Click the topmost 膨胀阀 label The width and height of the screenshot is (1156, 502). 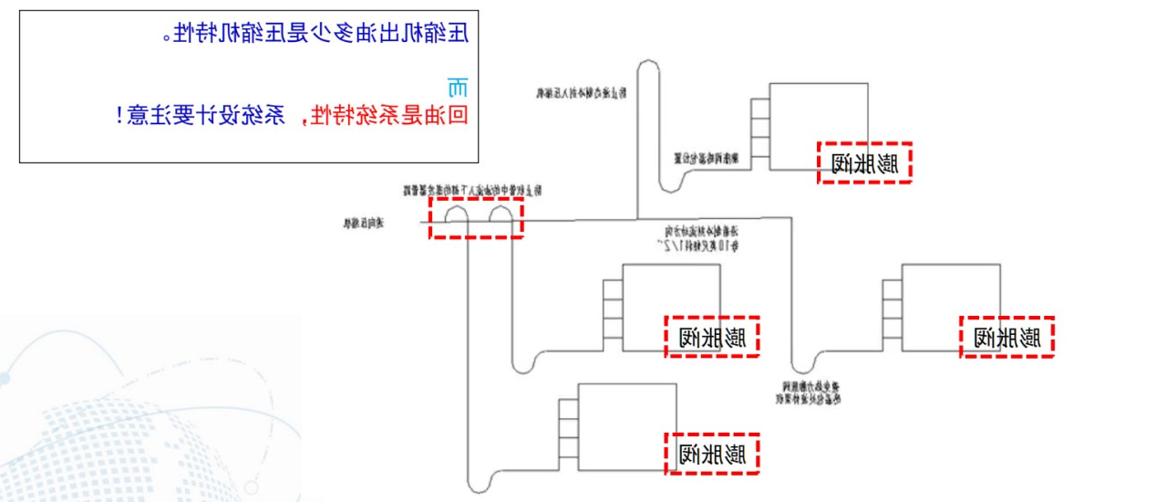point(864,162)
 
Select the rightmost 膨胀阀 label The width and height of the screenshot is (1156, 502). point(1007,337)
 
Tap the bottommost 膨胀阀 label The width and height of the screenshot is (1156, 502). point(712,453)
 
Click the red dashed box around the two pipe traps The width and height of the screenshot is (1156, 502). point(476,218)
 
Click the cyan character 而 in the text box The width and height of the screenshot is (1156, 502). point(458,89)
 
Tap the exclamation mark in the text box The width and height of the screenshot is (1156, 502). point(122,115)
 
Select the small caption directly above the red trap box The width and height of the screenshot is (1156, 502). point(472,191)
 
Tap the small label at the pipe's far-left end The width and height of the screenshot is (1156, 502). point(364,222)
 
